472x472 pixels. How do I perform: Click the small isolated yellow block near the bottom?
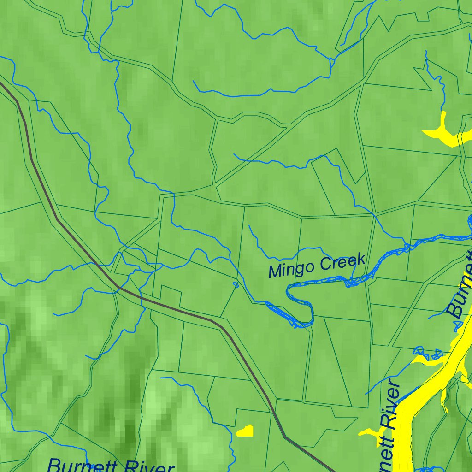point(246,432)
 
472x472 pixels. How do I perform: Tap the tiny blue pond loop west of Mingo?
point(236,284)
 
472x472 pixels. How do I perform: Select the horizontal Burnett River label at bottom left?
point(111,465)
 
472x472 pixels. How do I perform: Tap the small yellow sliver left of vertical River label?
point(368,432)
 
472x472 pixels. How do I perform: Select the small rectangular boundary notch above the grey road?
point(171,293)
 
